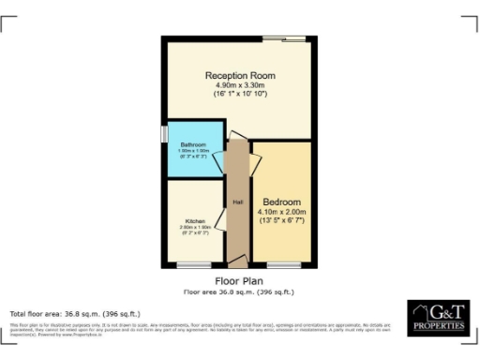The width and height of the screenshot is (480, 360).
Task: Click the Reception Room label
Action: click(239, 75)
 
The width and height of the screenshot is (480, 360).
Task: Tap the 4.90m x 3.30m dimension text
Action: click(239, 85)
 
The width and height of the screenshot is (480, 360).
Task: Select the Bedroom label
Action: click(281, 202)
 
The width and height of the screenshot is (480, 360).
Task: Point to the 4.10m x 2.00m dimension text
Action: click(281, 212)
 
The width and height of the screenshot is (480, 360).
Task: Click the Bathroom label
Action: click(194, 144)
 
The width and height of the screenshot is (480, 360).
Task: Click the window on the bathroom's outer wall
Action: click(164, 135)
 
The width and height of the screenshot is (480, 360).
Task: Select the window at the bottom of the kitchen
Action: click(192, 265)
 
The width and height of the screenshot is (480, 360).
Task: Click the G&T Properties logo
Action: click(437, 318)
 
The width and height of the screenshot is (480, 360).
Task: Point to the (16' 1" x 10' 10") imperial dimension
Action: click(239, 95)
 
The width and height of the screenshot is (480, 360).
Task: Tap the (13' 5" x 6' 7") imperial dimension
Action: click(281, 221)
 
